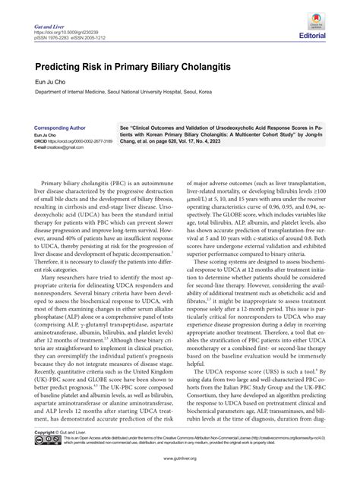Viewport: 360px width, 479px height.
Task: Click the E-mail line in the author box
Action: coord(56,147)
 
